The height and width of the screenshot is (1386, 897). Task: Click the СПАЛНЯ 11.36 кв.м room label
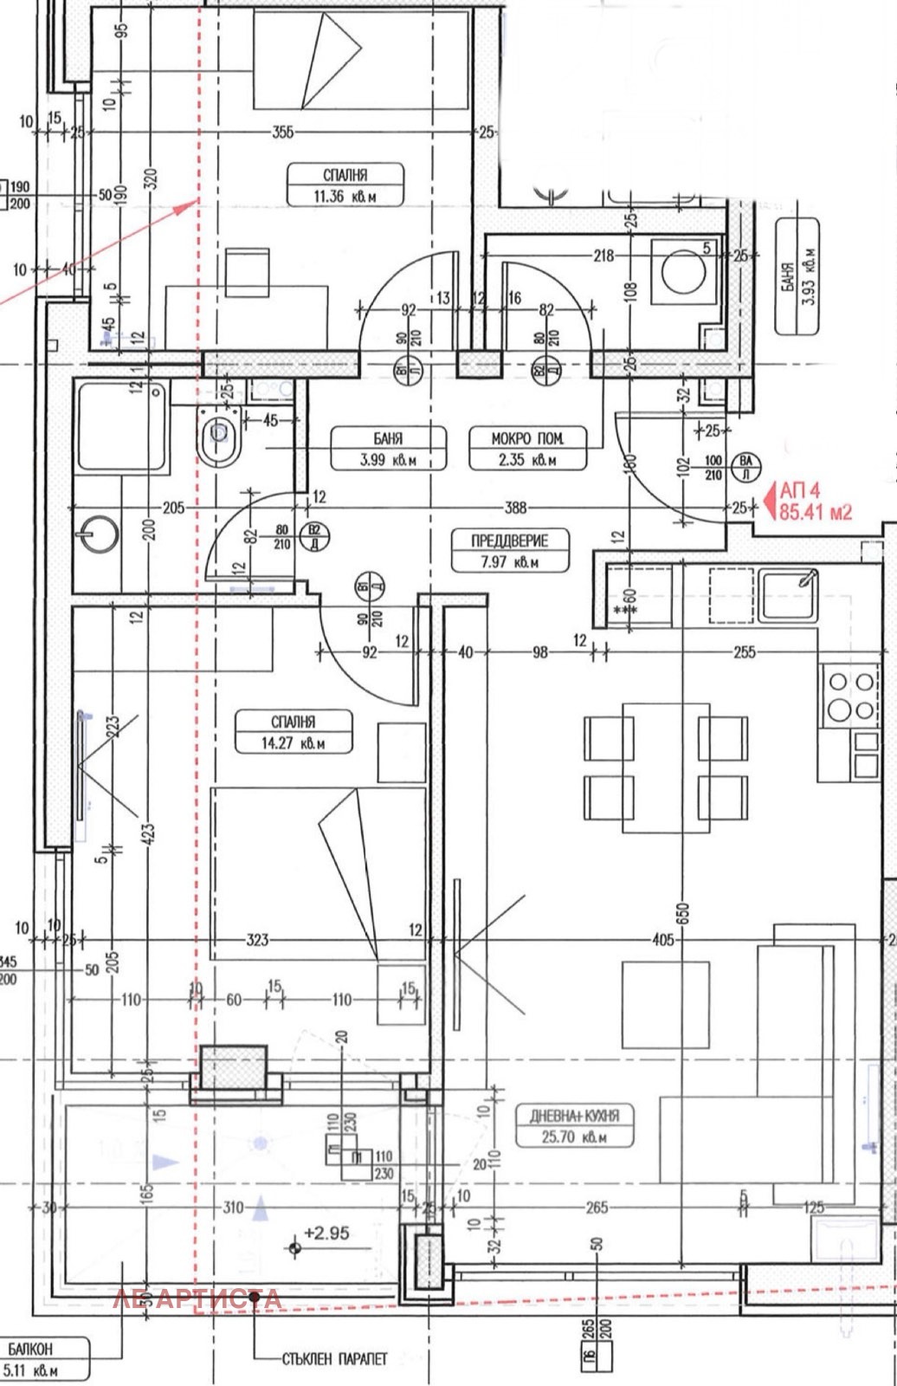coord(345,185)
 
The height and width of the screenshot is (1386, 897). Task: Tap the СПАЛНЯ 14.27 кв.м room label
coord(293,731)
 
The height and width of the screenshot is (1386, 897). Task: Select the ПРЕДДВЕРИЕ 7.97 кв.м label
coord(509,550)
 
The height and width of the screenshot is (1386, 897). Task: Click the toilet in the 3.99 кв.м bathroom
coord(217,437)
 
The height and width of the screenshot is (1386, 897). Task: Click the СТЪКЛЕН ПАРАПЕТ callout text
coord(334,1359)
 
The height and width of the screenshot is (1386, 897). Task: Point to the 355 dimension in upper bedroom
coord(281,133)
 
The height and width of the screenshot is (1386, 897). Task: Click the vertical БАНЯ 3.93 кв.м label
coord(797,276)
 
